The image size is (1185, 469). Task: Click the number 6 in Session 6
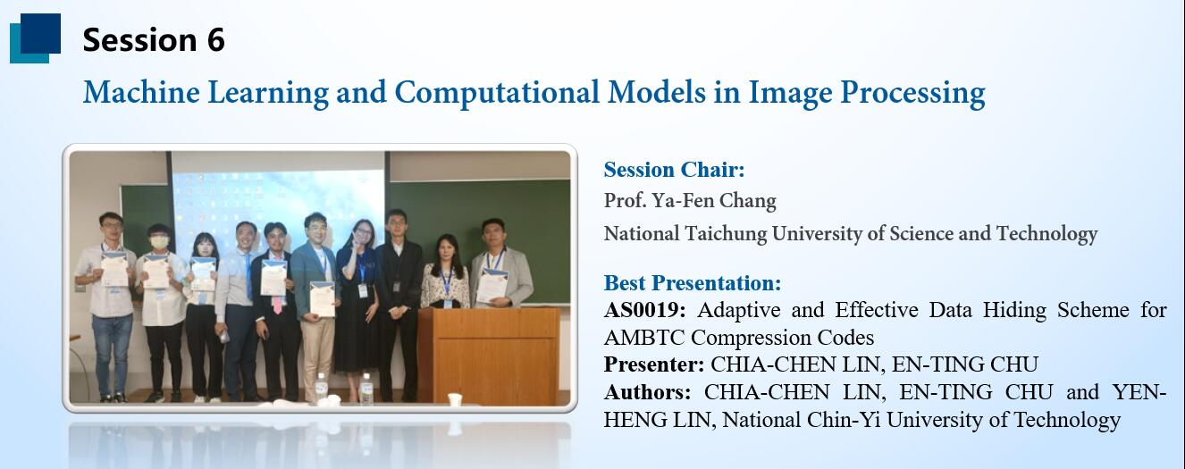click(216, 40)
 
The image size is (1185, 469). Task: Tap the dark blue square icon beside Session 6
click(40, 33)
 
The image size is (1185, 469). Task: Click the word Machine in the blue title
click(141, 92)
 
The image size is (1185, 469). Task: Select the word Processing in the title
click(912, 93)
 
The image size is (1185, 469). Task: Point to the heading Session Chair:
click(674, 170)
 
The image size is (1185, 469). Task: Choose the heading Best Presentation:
click(693, 283)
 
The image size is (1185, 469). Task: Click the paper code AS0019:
click(644, 310)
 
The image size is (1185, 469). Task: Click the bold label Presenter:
click(654, 364)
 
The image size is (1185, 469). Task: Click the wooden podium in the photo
click(489, 356)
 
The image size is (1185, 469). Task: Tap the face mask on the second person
click(159, 242)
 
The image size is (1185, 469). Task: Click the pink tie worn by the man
click(277, 303)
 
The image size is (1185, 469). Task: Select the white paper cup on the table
click(454, 400)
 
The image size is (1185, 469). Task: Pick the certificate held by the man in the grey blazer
click(492, 286)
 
